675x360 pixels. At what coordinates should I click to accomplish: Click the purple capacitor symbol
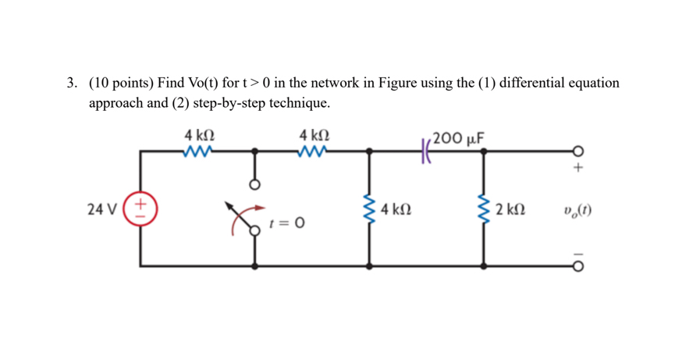click(x=427, y=150)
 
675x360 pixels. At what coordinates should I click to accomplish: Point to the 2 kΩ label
click(x=510, y=209)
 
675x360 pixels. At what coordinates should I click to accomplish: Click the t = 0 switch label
click(x=286, y=224)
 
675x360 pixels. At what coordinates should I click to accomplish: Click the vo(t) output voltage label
click(x=576, y=209)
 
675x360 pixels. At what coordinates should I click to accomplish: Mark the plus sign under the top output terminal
click(x=578, y=166)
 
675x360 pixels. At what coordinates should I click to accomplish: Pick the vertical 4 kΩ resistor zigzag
click(x=369, y=209)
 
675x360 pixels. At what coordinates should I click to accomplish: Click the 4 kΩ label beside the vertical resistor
click(x=396, y=209)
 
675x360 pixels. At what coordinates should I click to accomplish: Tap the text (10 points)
click(x=122, y=83)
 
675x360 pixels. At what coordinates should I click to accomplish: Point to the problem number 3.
click(x=71, y=83)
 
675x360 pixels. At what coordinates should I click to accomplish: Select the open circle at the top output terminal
click(x=578, y=151)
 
